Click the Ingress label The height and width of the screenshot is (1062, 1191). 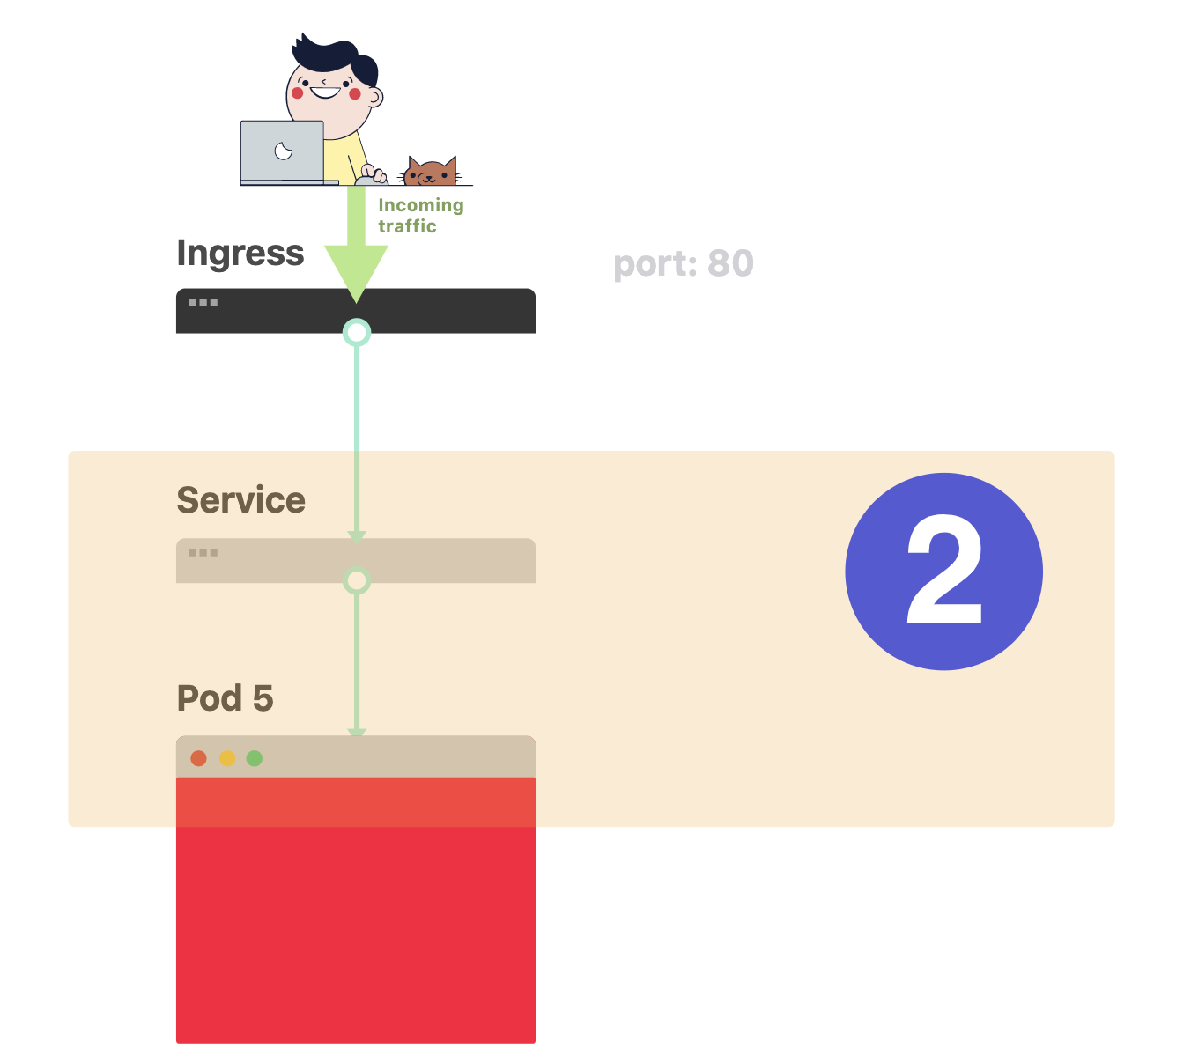240,254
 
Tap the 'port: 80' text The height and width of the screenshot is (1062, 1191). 683,263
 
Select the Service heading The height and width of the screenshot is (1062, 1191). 241,499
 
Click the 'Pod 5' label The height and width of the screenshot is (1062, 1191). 226,697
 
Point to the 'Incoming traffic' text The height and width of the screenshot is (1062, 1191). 421,215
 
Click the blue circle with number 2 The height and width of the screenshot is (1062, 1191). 943,572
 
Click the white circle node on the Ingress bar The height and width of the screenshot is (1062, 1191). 357,333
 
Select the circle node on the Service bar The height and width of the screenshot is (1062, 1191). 357,580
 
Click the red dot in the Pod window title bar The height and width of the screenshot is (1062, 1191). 199,758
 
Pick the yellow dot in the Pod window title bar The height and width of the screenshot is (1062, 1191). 227,758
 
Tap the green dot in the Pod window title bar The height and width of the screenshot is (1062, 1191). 255,758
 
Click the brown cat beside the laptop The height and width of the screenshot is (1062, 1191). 430,171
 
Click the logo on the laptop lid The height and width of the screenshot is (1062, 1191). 284,151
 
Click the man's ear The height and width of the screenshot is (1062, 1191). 375,97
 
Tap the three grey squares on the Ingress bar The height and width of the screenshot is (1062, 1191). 203,303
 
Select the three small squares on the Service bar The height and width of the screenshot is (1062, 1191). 203,552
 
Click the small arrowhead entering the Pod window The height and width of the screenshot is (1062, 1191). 357,733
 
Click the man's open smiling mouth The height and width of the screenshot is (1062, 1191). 325,92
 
